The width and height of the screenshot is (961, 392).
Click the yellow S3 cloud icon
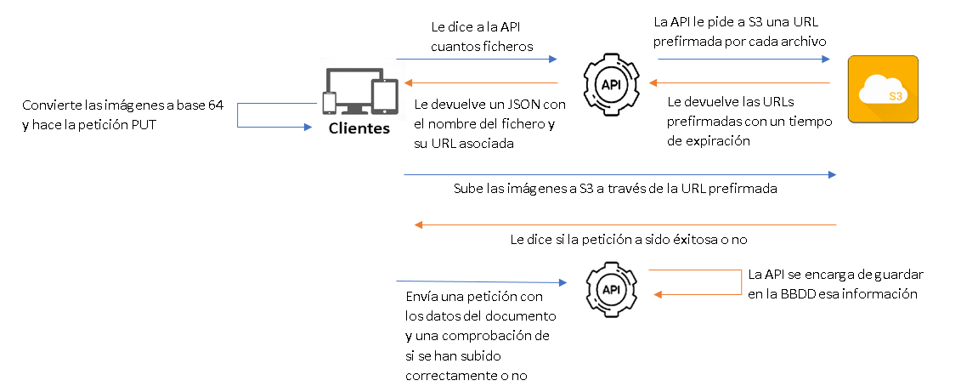(x=884, y=89)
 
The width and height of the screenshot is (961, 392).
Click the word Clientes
(x=359, y=129)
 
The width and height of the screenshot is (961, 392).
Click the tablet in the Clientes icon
(x=385, y=96)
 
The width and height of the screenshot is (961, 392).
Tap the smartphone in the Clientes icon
(x=330, y=103)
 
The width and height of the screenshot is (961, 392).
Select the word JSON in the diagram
(x=519, y=105)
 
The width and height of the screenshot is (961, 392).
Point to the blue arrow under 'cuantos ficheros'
(x=476, y=60)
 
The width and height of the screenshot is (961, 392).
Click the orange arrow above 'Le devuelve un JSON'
(x=481, y=83)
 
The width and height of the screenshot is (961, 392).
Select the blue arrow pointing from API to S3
(x=743, y=60)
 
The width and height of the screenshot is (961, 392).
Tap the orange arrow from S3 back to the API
(x=739, y=83)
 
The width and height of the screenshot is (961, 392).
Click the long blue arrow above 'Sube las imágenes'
(x=620, y=175)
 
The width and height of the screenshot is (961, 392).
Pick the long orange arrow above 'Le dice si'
(x=625, y=225)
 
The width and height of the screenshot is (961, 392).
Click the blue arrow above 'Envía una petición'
(x=481, y=281)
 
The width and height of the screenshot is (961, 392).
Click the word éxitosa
(x=675, y=240)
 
